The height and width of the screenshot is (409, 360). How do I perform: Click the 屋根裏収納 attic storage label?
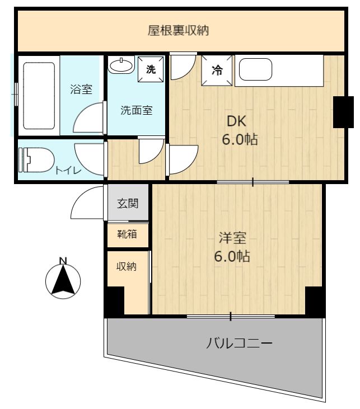178,31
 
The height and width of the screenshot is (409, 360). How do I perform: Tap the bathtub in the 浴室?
39,96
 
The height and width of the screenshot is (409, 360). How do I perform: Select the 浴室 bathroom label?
81,89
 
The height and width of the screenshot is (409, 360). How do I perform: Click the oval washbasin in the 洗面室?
121,65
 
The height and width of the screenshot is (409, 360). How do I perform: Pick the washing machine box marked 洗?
151,69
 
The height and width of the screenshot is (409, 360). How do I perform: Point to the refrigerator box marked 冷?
217,70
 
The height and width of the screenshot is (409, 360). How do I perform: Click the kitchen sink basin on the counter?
256,69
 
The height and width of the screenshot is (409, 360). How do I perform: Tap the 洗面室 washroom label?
136,110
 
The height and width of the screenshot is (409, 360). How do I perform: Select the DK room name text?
236,121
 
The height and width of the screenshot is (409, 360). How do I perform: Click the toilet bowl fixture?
36,160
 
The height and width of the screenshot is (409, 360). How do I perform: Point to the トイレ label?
68,171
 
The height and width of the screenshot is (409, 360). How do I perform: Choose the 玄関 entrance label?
128,203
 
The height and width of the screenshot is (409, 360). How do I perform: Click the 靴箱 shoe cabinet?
128,234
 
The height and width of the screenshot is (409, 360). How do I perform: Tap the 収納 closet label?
127,266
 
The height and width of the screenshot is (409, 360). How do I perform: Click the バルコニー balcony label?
239,343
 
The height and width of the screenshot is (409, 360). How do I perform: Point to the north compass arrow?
63,281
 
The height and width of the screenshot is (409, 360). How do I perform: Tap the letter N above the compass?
63,261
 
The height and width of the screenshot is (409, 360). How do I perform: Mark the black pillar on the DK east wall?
343,112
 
